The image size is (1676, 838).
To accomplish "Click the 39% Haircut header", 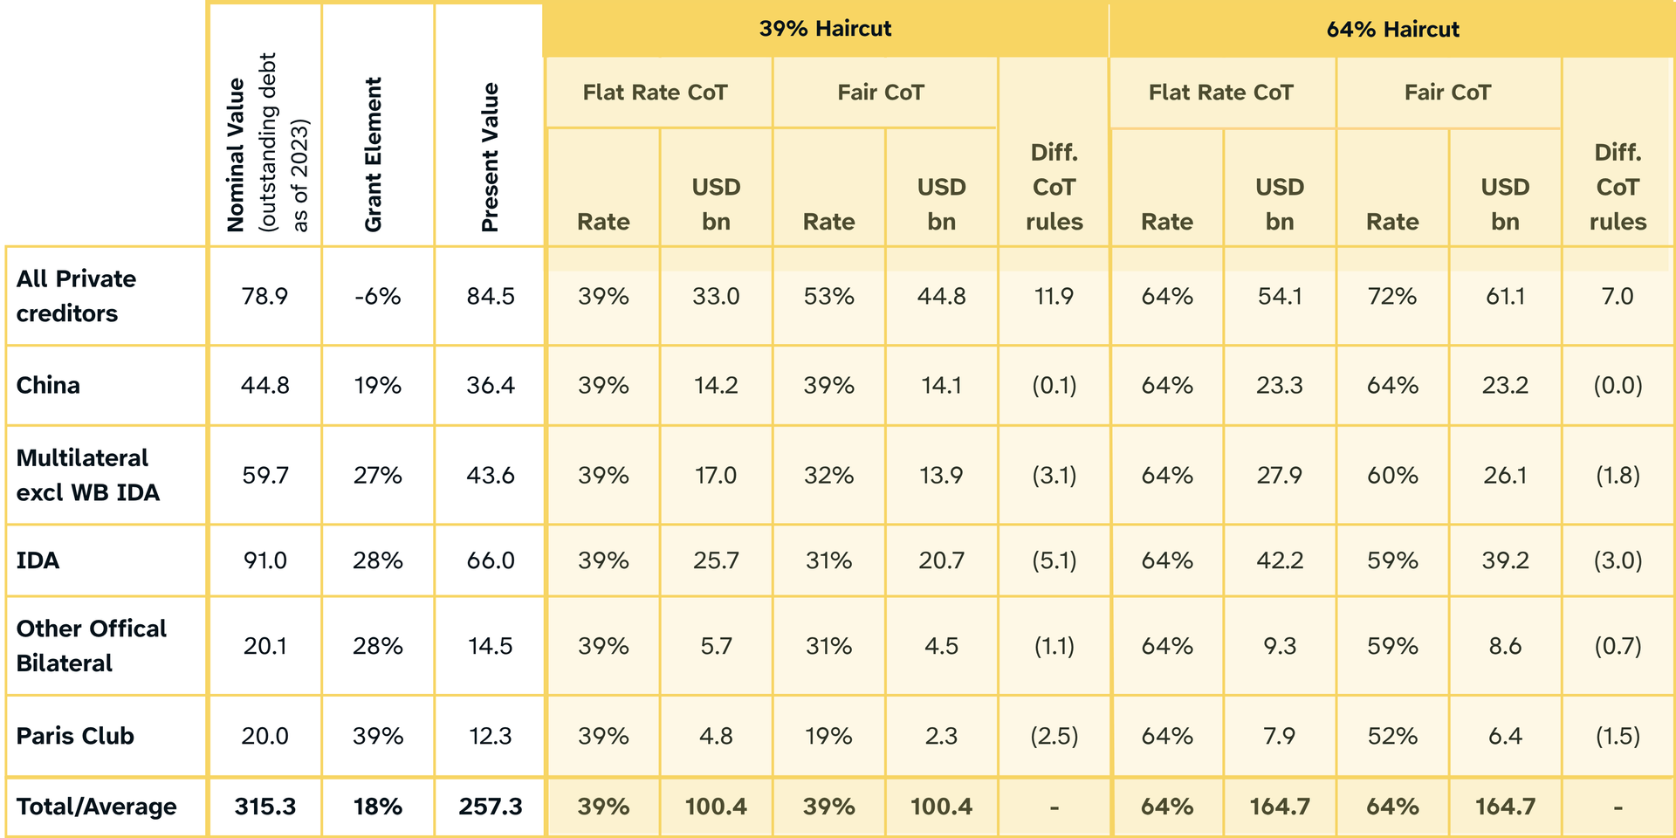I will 825,29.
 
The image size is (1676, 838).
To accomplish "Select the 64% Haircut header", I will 1392,30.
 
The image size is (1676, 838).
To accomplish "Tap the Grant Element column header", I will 374,155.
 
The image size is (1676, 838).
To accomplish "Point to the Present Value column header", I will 490,157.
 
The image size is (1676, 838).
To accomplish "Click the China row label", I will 48,385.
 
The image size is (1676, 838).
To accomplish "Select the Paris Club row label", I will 75,736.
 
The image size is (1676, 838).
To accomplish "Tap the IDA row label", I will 38,560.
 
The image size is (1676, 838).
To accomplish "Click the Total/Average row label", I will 96,807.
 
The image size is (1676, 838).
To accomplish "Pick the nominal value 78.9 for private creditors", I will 264,297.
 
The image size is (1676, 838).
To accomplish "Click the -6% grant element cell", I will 377,297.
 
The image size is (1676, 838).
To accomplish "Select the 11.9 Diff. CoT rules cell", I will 1054,297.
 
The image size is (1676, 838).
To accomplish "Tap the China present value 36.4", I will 490,385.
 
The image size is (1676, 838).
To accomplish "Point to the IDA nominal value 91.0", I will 264,560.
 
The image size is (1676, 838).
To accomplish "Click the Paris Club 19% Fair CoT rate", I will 828,736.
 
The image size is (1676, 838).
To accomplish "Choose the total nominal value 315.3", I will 264,807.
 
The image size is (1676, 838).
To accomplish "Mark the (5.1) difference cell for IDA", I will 1054,560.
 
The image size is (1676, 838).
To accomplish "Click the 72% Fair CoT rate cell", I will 1392,297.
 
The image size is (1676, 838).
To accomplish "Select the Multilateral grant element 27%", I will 377,475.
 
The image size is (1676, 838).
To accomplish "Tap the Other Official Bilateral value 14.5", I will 490,646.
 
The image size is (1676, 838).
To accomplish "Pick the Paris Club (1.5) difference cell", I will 1618,736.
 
